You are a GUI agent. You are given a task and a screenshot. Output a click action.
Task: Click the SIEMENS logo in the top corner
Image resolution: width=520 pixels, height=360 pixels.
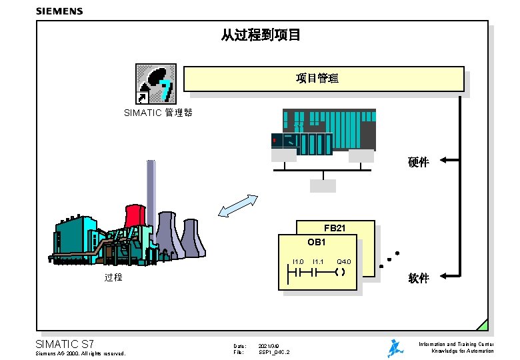[x=59, y=11]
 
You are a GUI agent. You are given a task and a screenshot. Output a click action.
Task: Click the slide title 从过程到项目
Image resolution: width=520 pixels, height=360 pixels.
[x=261, y=34]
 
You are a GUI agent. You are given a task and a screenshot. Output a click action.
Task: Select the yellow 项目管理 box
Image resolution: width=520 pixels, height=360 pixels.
[x=324, y=79]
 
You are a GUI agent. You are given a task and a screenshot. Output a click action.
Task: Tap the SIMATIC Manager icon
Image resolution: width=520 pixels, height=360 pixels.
[x=156, y=84]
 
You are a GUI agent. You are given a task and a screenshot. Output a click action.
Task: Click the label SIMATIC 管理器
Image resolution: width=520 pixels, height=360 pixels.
[x=158, y=113]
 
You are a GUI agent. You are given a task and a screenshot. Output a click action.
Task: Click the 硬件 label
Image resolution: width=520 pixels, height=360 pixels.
[x=418, y=162]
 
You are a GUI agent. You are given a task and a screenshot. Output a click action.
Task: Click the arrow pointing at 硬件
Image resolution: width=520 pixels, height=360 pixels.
[x=449, y=160]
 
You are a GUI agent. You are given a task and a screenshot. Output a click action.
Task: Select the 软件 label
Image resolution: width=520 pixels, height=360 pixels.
[x=418, y=278]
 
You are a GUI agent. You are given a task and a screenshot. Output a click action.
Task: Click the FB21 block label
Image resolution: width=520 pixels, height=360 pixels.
[x=335, y=228]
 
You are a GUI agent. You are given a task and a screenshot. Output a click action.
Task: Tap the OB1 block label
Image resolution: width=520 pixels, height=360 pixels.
[x=317, y=241]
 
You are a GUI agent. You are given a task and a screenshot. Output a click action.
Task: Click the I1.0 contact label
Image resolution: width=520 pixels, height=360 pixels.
[x=298, y=261]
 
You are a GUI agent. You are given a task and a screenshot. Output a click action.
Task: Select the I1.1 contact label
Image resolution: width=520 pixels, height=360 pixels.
[x=318, y=261]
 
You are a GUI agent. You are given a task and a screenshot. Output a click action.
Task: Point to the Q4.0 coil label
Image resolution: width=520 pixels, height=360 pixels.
[x=344, y=261]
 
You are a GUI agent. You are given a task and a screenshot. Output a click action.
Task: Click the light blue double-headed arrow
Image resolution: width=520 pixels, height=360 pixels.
[x=238, y=206]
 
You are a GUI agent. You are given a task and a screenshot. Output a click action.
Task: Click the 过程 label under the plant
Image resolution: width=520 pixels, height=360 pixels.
[x=113, y=277]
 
